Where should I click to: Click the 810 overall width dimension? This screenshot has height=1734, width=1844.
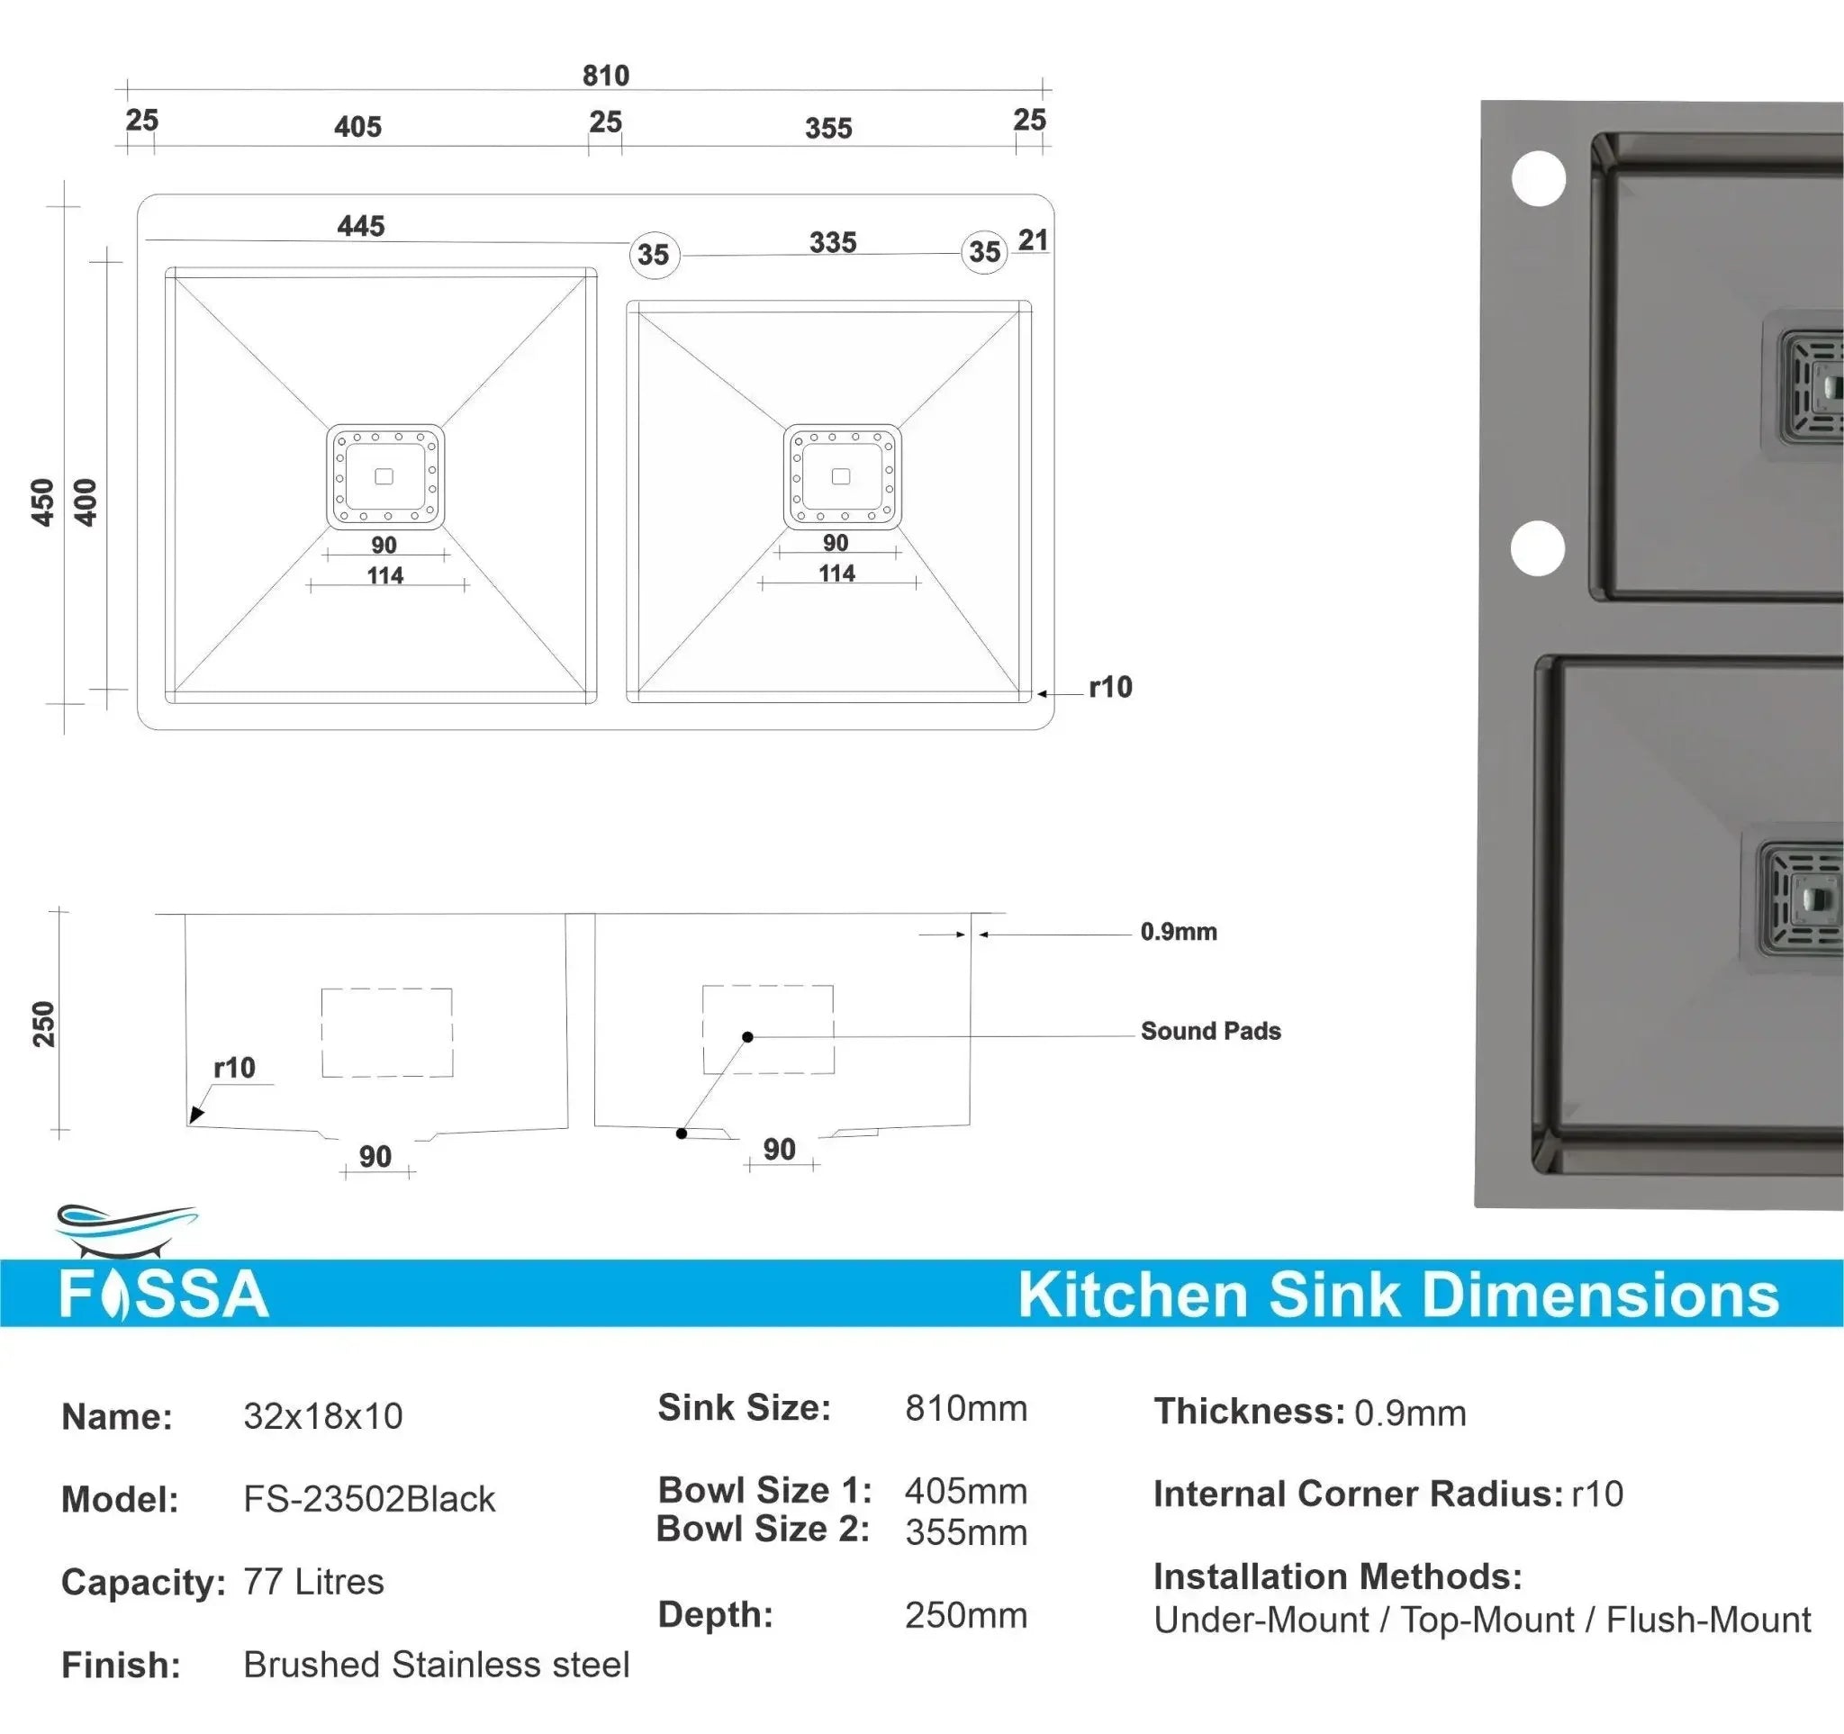click(606, 75)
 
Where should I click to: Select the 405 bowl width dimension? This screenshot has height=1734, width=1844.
click(357, 126)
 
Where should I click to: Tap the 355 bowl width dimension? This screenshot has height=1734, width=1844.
click(827, 128)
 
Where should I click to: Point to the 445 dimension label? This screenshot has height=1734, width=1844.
click(361, 225)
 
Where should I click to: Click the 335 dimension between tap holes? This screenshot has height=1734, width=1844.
click(832, 242)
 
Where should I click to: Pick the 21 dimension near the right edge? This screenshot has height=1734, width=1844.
click(1033, 240)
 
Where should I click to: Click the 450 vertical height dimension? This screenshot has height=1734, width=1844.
click(42, 501)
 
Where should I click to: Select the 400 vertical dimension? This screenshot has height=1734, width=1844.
click(86, 501)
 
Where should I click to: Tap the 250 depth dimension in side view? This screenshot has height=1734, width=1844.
click(43, 1024)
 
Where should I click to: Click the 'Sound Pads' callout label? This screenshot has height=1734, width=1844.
click(1209, 1031)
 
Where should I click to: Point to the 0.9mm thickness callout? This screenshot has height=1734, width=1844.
click(1178, 932)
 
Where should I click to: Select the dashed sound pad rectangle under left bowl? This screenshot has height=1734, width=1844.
click(387, 1032)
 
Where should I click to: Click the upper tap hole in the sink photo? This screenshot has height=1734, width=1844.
click(1538, 178)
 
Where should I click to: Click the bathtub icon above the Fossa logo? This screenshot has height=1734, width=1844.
click(126, 1230)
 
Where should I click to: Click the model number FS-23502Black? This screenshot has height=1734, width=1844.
click(368, 1499)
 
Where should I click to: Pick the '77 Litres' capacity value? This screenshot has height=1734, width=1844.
click(312, 1582)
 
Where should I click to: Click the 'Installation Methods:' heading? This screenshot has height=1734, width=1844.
click(1336, 1576)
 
